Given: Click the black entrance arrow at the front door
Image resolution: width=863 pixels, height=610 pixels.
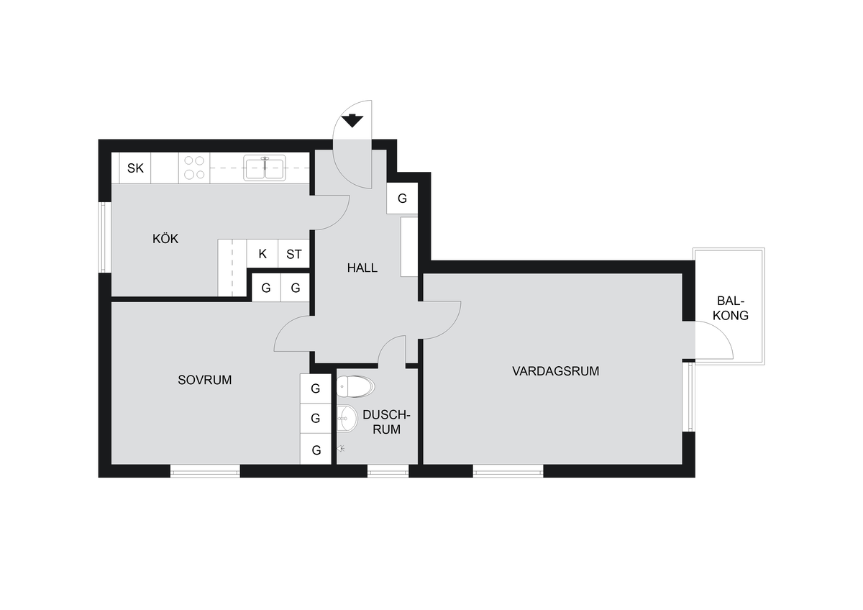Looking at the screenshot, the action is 352,121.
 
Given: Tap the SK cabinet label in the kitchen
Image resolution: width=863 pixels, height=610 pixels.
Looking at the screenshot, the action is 135,168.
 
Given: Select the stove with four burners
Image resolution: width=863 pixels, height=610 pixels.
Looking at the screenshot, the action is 194,168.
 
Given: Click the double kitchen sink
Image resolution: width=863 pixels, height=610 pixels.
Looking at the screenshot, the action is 265,168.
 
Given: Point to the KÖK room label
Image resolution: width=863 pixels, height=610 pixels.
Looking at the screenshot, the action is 165,239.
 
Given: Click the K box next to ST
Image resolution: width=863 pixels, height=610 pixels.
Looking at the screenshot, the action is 262,253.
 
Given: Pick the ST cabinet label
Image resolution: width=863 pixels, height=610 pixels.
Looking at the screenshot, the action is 294,255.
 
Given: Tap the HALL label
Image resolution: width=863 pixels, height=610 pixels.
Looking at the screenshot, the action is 362,268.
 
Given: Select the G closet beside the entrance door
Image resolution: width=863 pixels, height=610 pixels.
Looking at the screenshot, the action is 402,198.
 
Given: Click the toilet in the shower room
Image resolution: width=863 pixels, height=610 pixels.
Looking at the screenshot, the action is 355,386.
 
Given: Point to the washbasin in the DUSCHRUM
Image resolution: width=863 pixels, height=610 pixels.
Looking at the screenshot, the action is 347,418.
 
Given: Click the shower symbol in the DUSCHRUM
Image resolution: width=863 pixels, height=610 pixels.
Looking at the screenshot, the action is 341,449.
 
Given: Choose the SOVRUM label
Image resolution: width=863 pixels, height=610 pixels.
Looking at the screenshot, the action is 204,380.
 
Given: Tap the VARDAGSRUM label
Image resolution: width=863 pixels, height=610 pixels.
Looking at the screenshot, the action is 555,371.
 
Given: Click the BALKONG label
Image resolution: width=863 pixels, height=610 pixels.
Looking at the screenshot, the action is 731,308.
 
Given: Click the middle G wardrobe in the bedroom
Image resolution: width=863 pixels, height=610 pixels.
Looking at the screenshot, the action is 316,418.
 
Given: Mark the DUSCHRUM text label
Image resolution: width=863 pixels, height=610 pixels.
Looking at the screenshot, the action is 386,422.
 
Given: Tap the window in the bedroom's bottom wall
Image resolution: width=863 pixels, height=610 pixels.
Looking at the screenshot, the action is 205,471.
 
